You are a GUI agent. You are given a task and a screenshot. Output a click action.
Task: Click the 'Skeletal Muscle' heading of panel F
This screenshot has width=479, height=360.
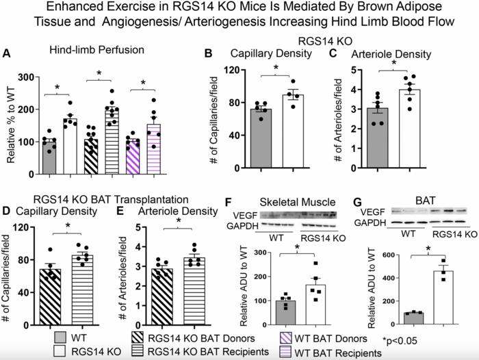pyautogui.click(x=302, y=203)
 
